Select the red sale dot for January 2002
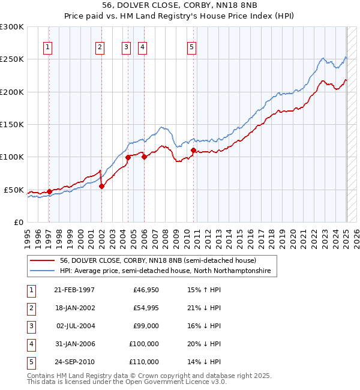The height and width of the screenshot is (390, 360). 101,186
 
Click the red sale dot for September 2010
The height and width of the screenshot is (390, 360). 193,150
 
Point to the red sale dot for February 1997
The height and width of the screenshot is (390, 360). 49,191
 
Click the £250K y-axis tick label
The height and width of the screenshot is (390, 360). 12,59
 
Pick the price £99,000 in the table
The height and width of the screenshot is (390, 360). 146,326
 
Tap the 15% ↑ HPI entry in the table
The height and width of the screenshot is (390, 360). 204,290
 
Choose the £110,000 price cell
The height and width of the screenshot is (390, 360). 144,362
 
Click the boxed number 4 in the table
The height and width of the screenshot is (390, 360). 31,344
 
